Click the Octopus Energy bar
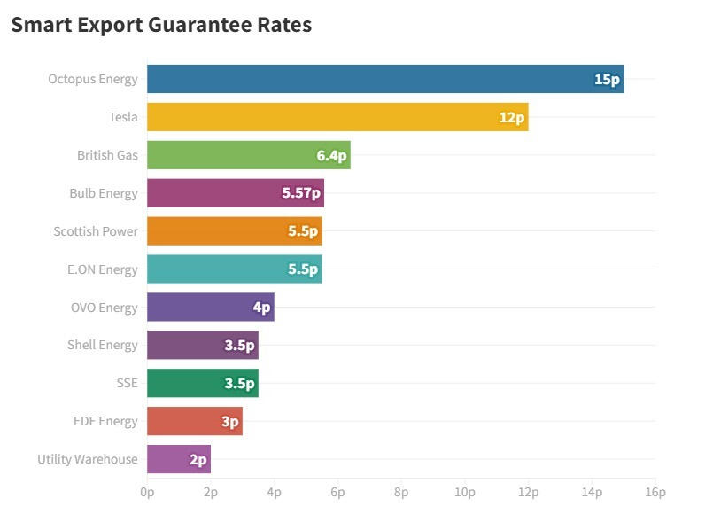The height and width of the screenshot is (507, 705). point(384,79)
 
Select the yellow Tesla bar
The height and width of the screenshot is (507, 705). point(337,117)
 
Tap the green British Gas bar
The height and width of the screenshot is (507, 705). point(248,155)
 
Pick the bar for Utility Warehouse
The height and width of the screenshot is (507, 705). point(178,459)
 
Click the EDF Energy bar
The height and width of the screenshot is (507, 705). point(194,421)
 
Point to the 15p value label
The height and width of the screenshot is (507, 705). point(607,80)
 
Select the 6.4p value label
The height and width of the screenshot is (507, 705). point(332,155)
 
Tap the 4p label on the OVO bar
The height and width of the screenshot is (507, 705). point(261,308)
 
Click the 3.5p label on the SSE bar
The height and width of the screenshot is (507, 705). point(239,384)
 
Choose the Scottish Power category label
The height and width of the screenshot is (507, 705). point(96,231)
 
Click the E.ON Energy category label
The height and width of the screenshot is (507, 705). point(103,269)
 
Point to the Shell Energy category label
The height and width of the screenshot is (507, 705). point(103,345)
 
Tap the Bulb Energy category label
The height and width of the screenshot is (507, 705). point(104,193)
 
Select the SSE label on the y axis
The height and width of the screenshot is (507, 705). point(127,384)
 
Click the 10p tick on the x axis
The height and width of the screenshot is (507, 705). point(465,492)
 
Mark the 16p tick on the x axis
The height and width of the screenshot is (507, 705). point(655,492)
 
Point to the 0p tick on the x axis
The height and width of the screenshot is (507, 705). point(147,492)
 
